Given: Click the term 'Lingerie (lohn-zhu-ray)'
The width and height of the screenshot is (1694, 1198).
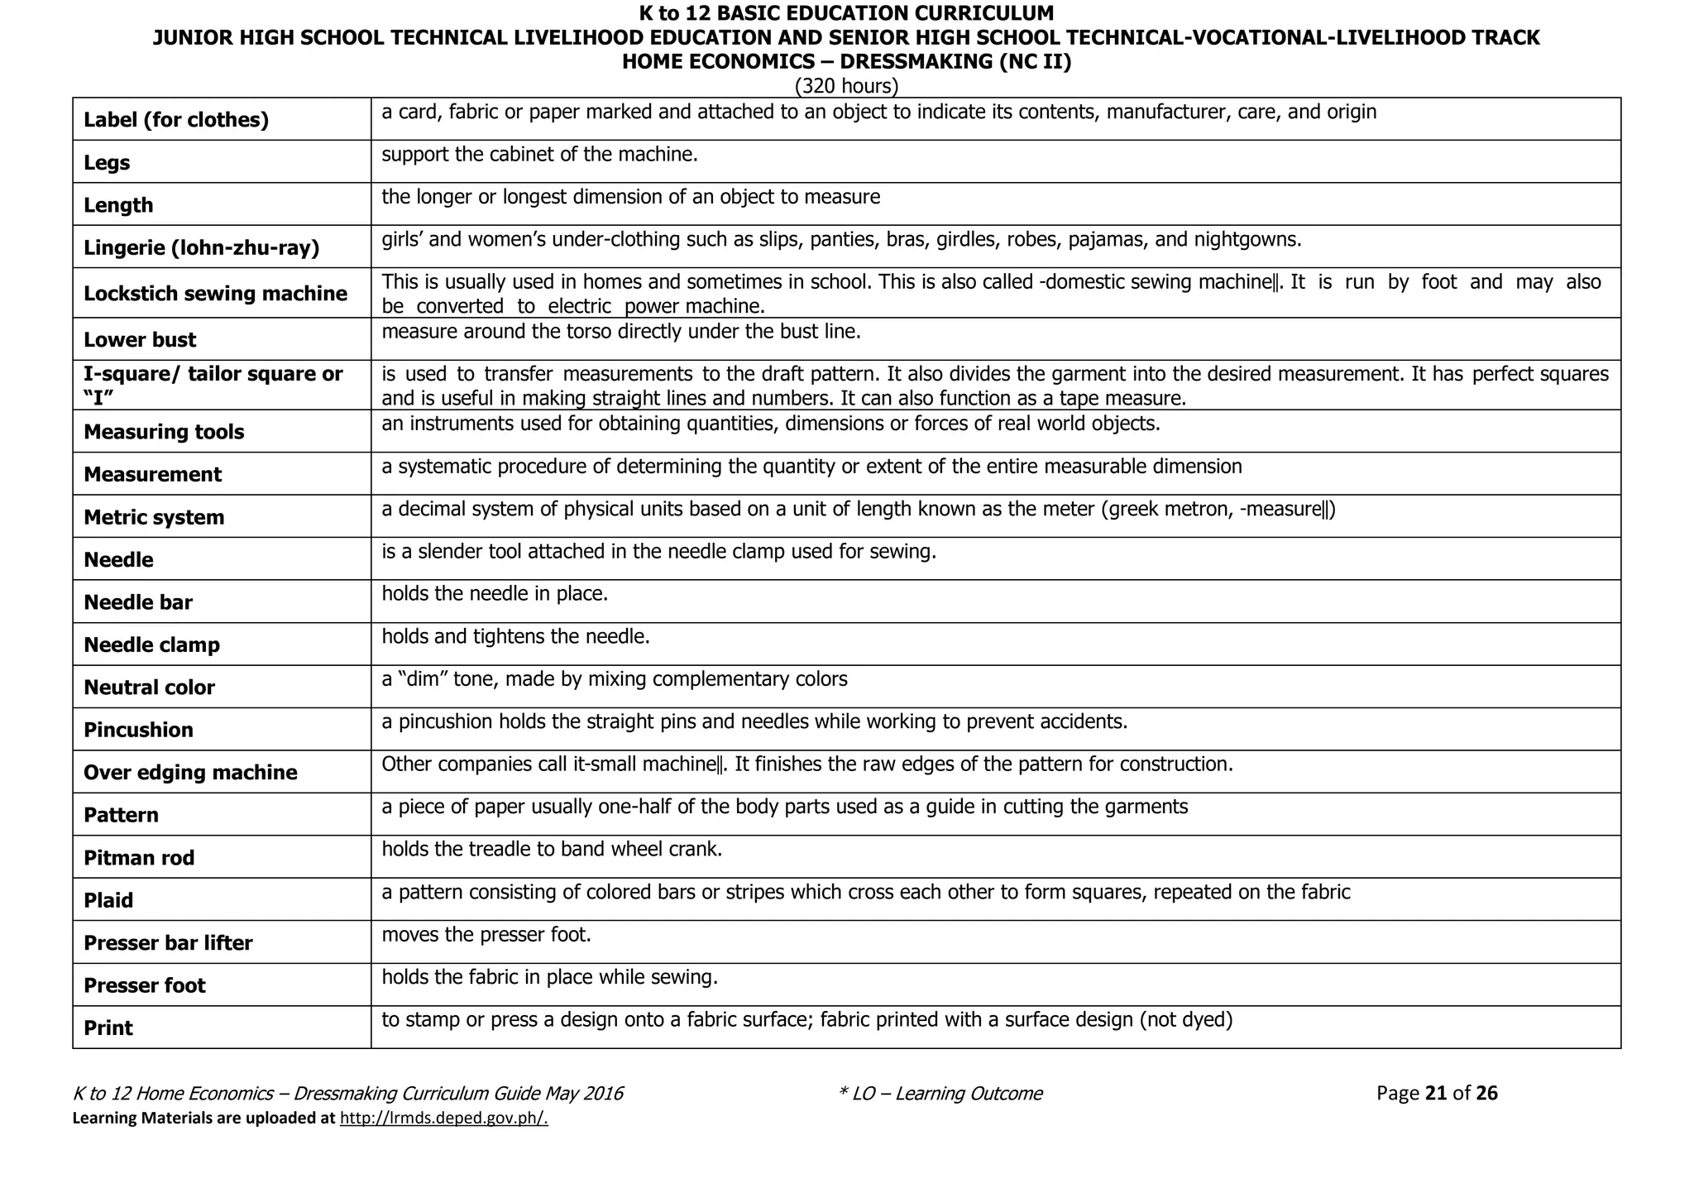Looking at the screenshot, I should click(201, 247).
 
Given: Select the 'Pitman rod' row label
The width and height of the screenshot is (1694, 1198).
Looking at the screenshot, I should click(139, 858).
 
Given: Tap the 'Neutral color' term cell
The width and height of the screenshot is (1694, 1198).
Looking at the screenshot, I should click(149, 688).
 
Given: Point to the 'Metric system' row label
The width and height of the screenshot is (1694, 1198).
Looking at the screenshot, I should click(154, 517).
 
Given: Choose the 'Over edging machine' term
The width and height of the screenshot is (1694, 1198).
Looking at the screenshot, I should click(190, 773).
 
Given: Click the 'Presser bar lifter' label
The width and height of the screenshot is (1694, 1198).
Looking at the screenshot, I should click(168, 943).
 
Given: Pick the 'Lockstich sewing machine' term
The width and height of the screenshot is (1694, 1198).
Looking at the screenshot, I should click(215, 294).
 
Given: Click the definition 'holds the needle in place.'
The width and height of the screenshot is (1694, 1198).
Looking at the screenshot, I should click(495, 594).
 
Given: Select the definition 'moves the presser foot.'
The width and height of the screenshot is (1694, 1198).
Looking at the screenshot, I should click(486, 935).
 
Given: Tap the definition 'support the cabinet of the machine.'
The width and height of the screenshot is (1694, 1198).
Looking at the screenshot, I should click(539, 155).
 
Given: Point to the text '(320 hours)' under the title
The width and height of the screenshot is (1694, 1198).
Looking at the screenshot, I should click(846, 86).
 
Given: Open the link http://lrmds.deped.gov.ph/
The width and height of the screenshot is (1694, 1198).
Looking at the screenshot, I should click(444, 1119).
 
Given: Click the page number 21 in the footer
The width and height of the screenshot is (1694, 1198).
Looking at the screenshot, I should click(1436, 1094).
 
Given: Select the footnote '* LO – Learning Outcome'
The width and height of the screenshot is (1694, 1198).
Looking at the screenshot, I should click(940, 1094).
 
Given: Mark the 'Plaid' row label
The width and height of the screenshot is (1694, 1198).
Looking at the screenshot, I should click(108, 900).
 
